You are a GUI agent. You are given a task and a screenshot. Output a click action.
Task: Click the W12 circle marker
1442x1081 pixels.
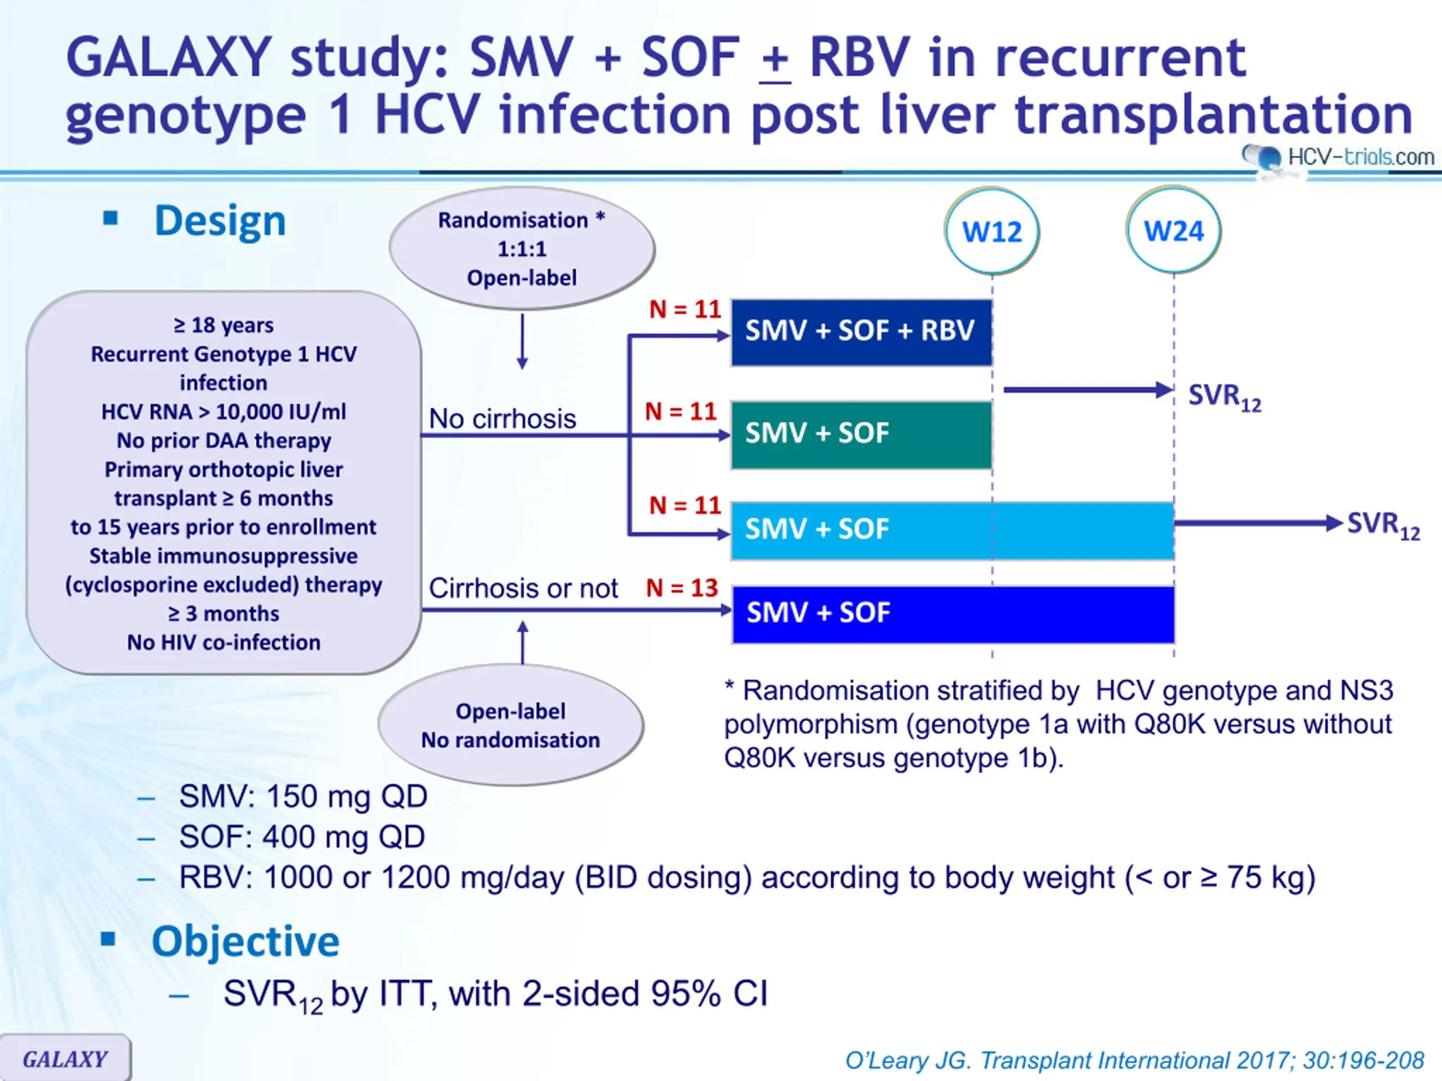click(x=992, y=231)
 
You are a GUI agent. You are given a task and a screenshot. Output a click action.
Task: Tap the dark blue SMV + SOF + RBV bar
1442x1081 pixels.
click(x=861, y=332)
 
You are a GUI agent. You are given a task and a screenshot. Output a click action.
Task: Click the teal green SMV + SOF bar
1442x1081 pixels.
click(x=861, y=435)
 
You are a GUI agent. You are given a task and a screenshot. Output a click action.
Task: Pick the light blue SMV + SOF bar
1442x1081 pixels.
click(x=953, y=530)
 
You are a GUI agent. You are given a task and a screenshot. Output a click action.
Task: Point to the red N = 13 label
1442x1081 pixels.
click(x=682, y=588)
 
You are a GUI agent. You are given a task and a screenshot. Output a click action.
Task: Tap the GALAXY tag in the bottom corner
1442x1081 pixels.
click(x=65, y=1057)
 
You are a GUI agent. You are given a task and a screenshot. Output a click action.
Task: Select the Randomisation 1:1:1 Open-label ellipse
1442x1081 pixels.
click(x=522, y=248)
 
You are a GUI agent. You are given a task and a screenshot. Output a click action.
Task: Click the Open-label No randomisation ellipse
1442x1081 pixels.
click(x=510, y=725)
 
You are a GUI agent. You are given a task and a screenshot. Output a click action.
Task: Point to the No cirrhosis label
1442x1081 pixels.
click(x=502, y=419)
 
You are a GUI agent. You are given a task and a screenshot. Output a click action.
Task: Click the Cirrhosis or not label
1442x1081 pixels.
click(x=523, y=588)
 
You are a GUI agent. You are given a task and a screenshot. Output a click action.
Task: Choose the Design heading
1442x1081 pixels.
click(x=220, y=221)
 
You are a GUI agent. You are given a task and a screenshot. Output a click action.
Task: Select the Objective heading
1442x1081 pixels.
click(x=246, y=941)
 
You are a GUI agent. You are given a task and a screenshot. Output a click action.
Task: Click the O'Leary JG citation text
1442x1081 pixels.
click(x=1134, y=1060)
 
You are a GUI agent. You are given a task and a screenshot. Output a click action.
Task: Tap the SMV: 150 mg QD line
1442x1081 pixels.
click(x=303, y=796)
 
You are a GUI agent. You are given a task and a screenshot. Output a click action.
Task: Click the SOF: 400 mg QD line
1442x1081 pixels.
click(x=302, y=837)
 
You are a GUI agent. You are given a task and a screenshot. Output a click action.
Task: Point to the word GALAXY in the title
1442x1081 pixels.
click(x=169, y=57)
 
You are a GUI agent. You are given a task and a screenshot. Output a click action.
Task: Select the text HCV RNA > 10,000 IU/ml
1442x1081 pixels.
click(x=224, y=412)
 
